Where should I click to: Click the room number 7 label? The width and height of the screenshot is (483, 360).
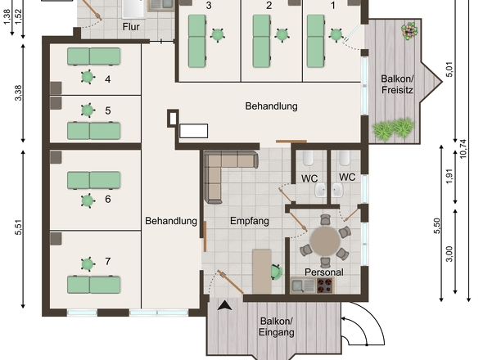(x=108, y=262)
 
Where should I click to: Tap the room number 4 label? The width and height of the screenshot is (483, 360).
(x=108, y=79)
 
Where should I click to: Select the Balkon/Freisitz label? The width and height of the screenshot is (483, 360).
(x=397, y=84)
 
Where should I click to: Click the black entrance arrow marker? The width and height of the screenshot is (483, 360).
(x=224, y=306)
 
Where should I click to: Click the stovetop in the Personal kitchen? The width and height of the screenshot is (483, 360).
(x=325, y=286)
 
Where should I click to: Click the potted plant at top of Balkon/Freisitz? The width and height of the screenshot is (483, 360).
(x=408, y=31)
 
